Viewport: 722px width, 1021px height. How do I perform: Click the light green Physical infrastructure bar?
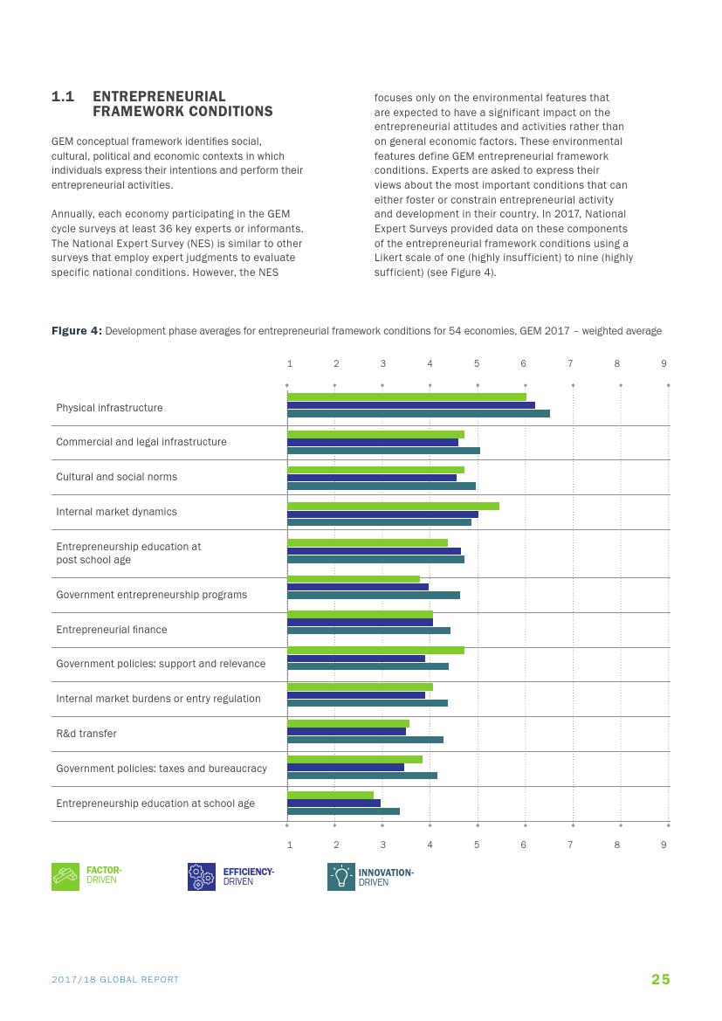pyautogui.click(x=407, y=397)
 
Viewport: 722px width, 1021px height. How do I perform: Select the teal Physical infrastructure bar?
pyautogui.click(x=418, y=413)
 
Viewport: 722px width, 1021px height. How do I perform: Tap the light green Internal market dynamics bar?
pyautogui.click(x=393, y=506)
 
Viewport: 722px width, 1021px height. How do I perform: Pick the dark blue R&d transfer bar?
pyautogui.click(x=347, y=732)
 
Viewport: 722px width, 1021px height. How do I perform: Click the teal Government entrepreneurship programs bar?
pyautogui.click(x=374, y=596)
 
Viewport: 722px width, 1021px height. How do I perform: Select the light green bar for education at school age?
pyautogui.click(x=330, y=795)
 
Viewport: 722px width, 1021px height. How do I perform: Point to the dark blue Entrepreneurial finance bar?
pyautogui.click(x=360, y=622)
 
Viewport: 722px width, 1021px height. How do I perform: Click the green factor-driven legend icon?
pyautogui.click(x=65, y=877)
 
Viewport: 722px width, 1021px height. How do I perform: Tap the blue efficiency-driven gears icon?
pyautogui.click(x=202, y=877)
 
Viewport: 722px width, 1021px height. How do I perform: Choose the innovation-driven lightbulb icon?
pyautogui.click(x=341, y=877)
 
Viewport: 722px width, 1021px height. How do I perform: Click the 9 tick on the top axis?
pyautogui.click(x=664, y=363)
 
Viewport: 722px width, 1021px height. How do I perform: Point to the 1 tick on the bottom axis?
pyautogui.click(x=290, y=845)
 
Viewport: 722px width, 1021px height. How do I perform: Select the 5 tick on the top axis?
pyautogui.click(x=477, y=363)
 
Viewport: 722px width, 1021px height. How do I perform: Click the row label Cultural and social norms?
pyautogui.click(x=116, y=477)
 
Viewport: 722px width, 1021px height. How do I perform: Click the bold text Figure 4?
pyautogui.click(x=77, y=331)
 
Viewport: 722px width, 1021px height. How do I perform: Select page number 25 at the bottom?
pyautogui.click(x=660, y=979)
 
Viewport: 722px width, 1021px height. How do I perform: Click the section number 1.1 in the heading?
pyautogui.click(x=62, y=97)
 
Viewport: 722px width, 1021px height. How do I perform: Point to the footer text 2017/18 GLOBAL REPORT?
pyautogui.click(x=115, y=980)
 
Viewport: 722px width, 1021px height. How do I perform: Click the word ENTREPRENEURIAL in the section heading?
pyautogui.click(x=159, y=97)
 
